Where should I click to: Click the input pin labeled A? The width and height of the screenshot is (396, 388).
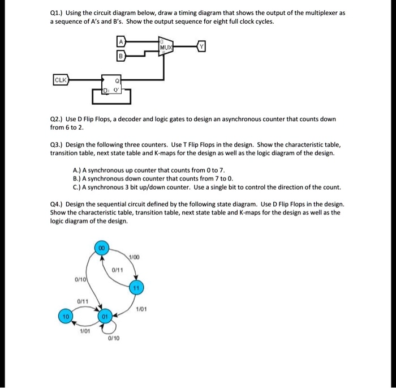coord(120,41)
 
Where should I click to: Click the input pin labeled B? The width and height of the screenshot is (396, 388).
coord(120,56)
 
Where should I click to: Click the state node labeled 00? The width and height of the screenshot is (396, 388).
coord(101,249)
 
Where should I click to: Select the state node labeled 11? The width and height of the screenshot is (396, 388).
coord(136,288)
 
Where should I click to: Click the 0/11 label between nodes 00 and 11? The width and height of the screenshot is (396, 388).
coord(118,269)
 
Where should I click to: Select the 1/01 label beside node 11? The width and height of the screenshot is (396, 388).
coord(141,309)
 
